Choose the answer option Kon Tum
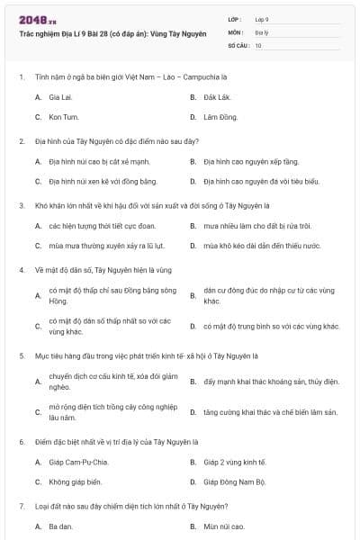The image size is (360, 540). click(63, 117)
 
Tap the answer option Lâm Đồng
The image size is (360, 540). click(220, 117)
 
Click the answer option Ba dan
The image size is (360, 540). click(60, 526)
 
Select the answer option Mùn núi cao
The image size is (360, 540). click(223, 526)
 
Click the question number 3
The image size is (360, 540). click(22, 204)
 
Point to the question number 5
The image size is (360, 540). click(22, 356)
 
